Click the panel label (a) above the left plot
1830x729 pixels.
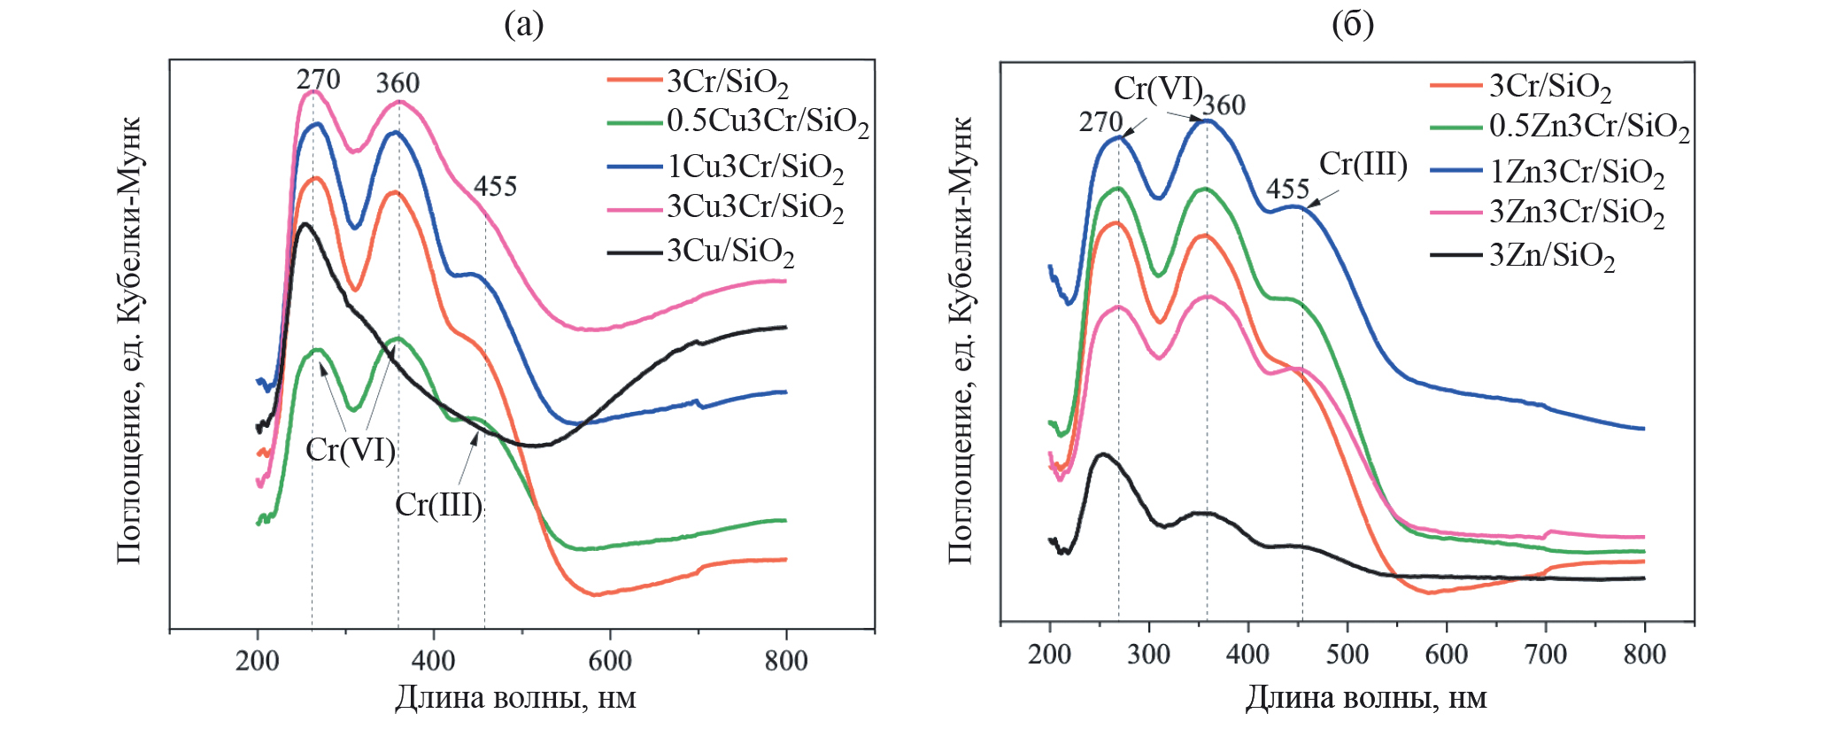pyautogui.click(x=523, y=25)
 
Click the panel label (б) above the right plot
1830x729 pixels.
pyautogui.click(x=1352, y=25)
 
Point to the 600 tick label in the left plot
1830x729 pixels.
pyautogui.click(x=609, y=661)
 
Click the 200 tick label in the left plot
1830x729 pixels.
pyautogui.click(x=257, y=661)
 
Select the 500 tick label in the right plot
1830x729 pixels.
pyautogui.click(x=1347, y=655)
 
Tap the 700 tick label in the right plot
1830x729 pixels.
pyautogui.click(x=1545, y=655)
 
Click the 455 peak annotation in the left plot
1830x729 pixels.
pyautogui.click(x=495, y=187)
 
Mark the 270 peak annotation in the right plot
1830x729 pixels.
pyautogui.click(x=1100, y=122)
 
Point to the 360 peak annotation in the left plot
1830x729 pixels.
pyautogui.click(x=398, y=83)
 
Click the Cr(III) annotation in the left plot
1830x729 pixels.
pyautogui.click(x=438, y=505)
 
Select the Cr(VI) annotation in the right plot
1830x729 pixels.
pyautogui.click(x=1157, y=89)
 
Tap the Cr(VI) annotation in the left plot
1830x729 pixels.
pyautogui.click(x=350, y=450)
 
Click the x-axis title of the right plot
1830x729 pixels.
pyautogui.click(x=1366, y=698)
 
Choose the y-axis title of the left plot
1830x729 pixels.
pyautogui.click(x=129, y=341)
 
